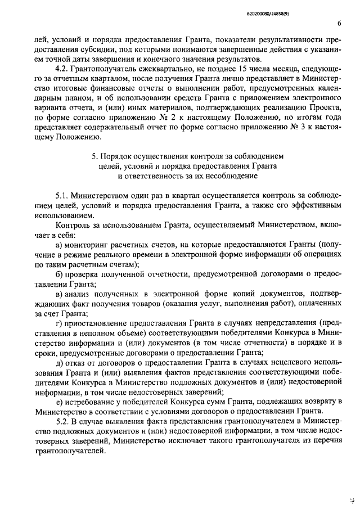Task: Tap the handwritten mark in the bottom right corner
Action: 350,498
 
